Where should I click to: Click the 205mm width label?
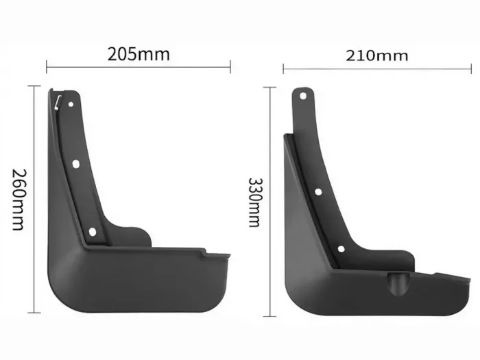(x=139, y=54)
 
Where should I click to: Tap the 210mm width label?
(x=377, y=56)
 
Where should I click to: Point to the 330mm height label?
(x=254, y=202)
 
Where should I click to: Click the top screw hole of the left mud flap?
(x=71, y=104)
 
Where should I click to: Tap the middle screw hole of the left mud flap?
(x=76, y=164)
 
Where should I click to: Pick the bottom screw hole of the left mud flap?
(x=93, y=232)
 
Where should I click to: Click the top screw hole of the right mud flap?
(x=303, y=96)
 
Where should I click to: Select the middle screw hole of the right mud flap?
(x=318, y=192)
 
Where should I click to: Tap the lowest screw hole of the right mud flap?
(x=341, y=249)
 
